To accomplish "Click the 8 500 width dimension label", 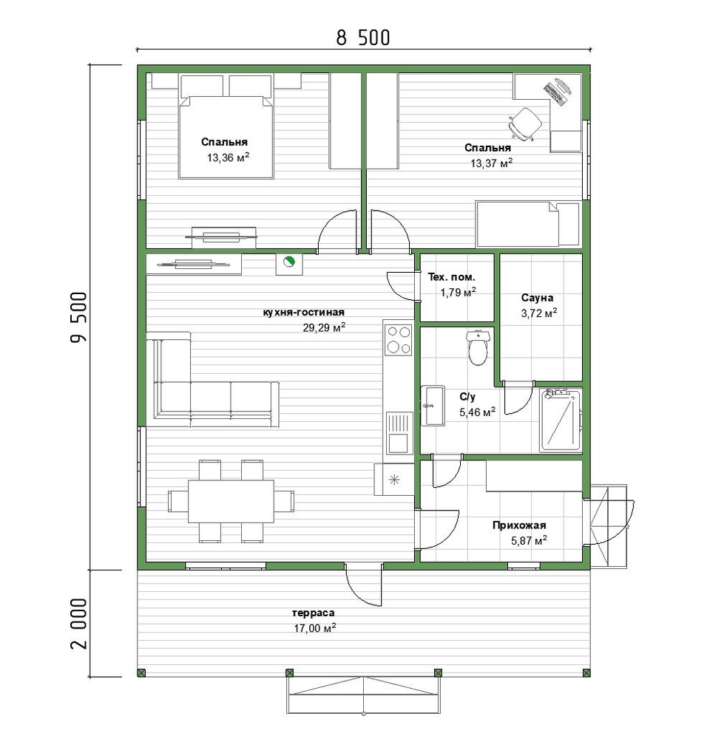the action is coord(363,38).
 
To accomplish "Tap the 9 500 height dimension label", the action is coord(79,317).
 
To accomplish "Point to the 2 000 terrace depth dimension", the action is coord(79,624).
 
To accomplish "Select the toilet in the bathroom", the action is coord(478,348).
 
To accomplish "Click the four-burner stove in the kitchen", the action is coord(399,340).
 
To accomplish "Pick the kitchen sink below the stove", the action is coord(399,432).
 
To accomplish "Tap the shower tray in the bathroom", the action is coord(561,420).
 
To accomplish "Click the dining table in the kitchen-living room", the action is coord(231,501).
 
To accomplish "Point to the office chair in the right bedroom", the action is coord(524,123).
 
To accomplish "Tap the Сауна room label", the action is coord(537,298).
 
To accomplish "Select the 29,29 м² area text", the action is coord(324,327).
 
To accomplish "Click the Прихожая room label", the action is coord(519,525).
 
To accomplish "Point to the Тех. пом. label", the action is coord(451,277).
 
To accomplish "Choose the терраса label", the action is coord(314,613).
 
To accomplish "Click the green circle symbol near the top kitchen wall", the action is coord(288,261).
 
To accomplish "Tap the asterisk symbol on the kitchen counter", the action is coord(394,480).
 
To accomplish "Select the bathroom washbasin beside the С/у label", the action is coord(432,406).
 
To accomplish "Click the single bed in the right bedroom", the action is coord(527,224).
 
